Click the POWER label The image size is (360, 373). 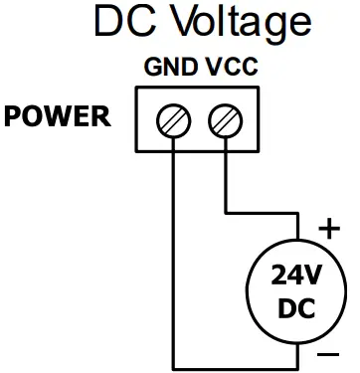(x=58, y=117)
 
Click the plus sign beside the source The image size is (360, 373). (x=327, y=230)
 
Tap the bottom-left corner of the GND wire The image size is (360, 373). (x=174, y=365)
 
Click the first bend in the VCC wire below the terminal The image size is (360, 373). (x=228, y=212)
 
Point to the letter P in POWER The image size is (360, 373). (x=14, y=117)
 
